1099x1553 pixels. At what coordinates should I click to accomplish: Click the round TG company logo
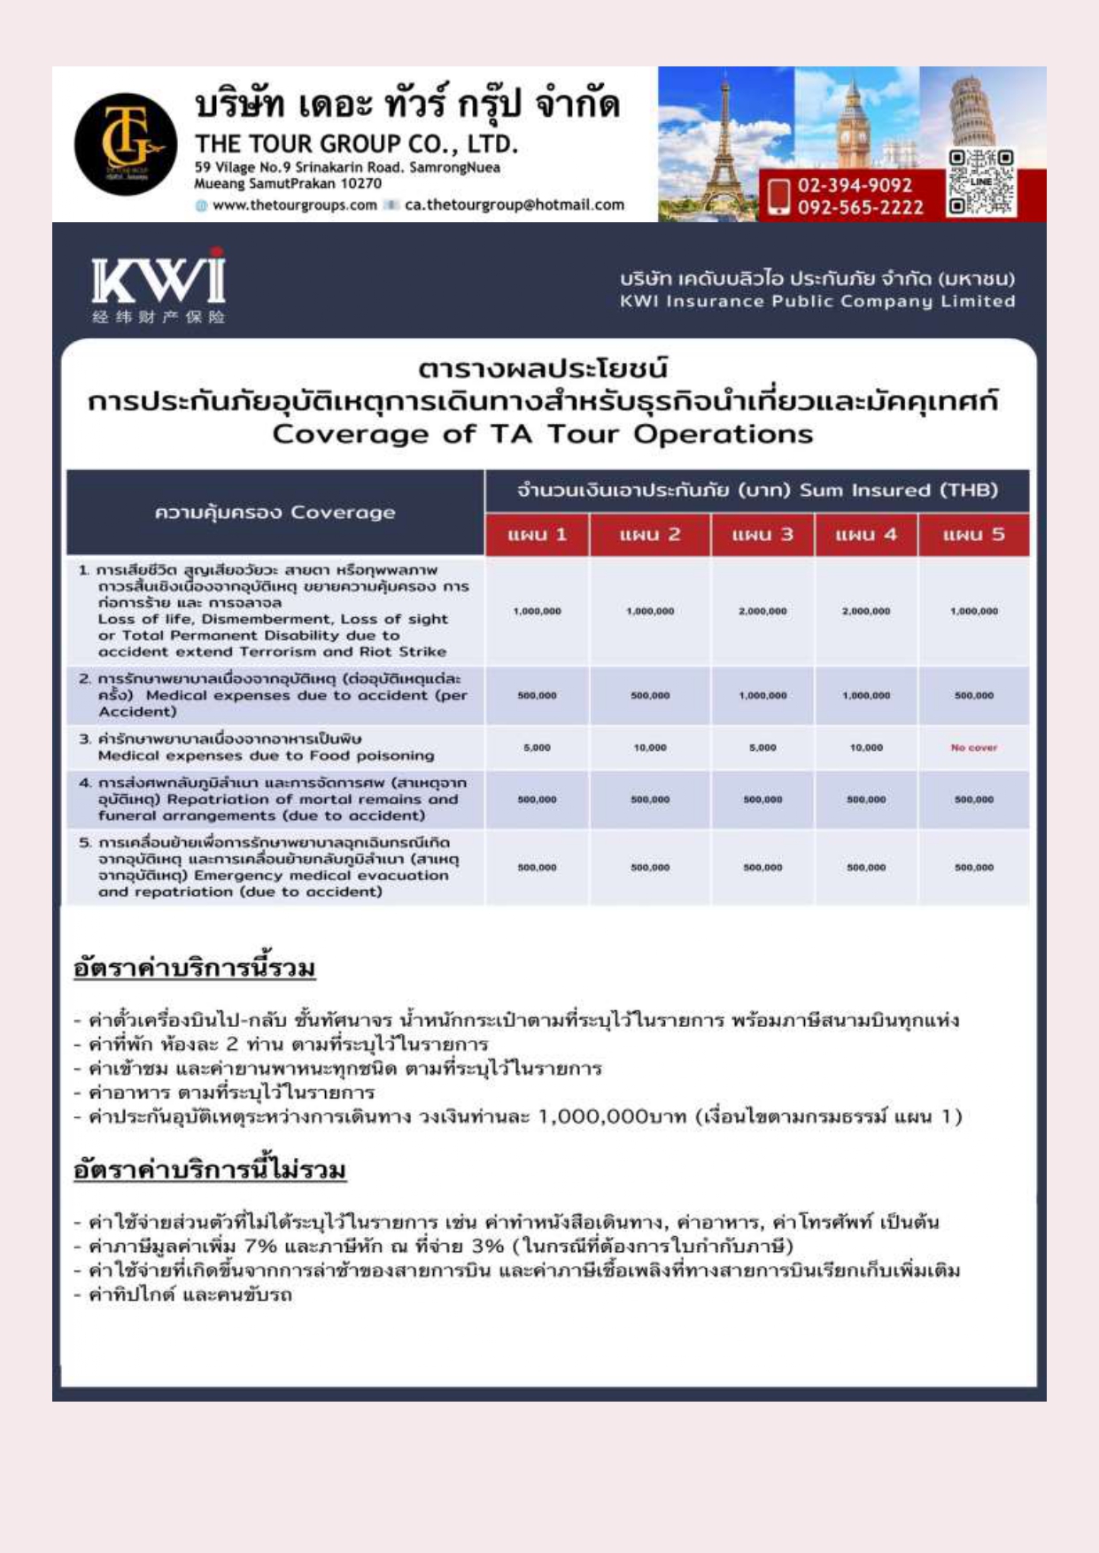point(125,144)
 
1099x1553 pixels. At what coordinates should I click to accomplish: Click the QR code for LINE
point(980,182)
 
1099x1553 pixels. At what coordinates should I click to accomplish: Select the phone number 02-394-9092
point(854,185)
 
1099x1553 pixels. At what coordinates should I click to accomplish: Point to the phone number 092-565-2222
point(860,207)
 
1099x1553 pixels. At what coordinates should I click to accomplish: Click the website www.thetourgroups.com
point(294,205)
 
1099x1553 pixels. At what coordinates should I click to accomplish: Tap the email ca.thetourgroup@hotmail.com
point(514,205)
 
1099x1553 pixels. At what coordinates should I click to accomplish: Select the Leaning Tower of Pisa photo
point(979,111)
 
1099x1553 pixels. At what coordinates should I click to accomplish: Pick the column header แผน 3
point(762,535)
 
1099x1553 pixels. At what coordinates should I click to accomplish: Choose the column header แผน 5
point(973,535)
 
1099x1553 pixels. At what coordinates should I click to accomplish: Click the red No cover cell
point(973,748)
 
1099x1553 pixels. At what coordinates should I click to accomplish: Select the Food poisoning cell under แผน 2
point(649,748)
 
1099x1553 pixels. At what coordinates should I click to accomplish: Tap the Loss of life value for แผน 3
point(762,612)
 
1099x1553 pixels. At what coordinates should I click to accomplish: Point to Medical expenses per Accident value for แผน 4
point(866,696)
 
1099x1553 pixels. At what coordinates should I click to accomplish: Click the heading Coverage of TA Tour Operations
point(542,435)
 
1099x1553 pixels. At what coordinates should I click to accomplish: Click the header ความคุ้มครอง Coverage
point(275,513)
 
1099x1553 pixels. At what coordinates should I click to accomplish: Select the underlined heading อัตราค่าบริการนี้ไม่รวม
point(210,1171)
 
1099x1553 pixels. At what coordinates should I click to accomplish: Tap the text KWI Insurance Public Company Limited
point(817,302)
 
